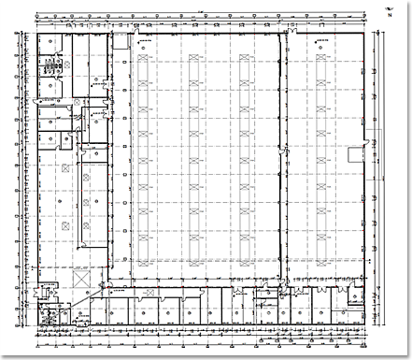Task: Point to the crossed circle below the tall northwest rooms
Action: click(64, 169)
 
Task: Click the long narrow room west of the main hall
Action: click(93, 200)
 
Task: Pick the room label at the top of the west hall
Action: click(142, 42)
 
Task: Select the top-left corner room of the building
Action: click(47, 43)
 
